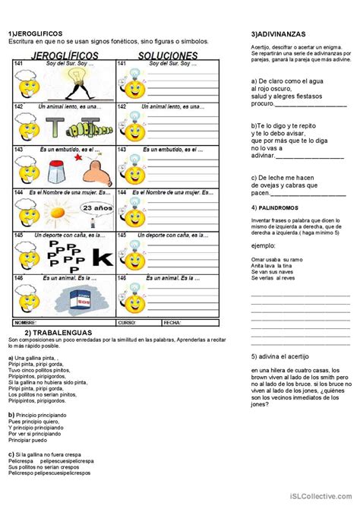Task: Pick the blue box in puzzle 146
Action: coord(78,299)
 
